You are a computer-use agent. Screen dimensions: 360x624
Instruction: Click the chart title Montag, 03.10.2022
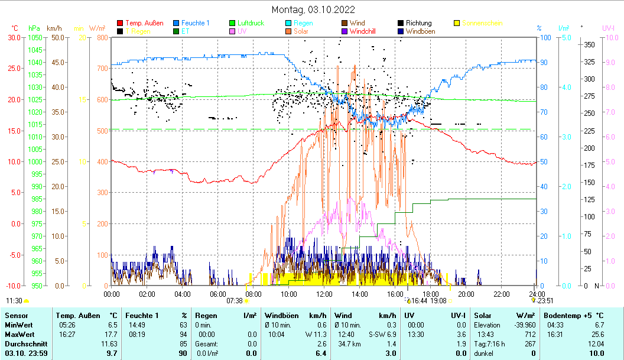click(313, 9)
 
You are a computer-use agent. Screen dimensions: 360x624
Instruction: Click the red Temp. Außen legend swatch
click(121, 24)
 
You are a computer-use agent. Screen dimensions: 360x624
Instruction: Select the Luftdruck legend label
click(251, 24)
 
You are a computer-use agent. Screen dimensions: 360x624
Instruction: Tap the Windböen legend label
click(421, 31)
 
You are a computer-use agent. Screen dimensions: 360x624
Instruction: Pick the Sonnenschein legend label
click(482, 24)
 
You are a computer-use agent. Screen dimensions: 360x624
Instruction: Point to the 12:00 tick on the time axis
click(324, 294)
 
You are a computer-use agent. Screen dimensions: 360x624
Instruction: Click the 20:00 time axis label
click(466, 294)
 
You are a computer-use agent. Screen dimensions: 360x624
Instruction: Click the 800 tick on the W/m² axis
click(102, 37)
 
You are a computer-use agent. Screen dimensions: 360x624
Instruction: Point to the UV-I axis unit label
click(608, 28)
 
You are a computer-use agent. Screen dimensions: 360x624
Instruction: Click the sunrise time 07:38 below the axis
click(235, 300)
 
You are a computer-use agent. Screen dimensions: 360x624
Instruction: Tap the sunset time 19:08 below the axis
click(438, 300)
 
